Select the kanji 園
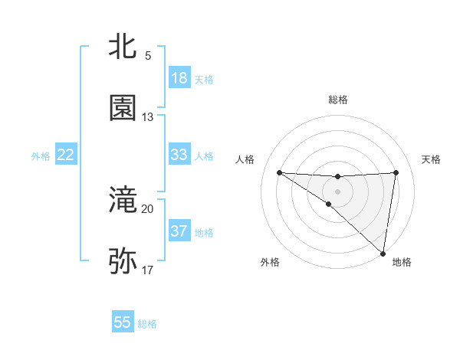[123, 108]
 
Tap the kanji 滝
[123, 201]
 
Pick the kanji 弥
[123, 261]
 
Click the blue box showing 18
[179, 78]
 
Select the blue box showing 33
[179, 155]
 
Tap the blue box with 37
[179, 231]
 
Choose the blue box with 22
[66, 155]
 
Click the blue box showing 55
[123, 322]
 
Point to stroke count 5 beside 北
[148, 56]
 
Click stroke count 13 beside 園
[148, 117]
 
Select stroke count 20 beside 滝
[148, 208]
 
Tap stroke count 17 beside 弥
[148, 270]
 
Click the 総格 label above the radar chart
[338, 100]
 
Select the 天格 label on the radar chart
[432, 159]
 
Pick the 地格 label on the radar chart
[402, 262]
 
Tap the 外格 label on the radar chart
[269, 262]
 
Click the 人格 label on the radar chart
[245, 159]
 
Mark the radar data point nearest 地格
[383, 254]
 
